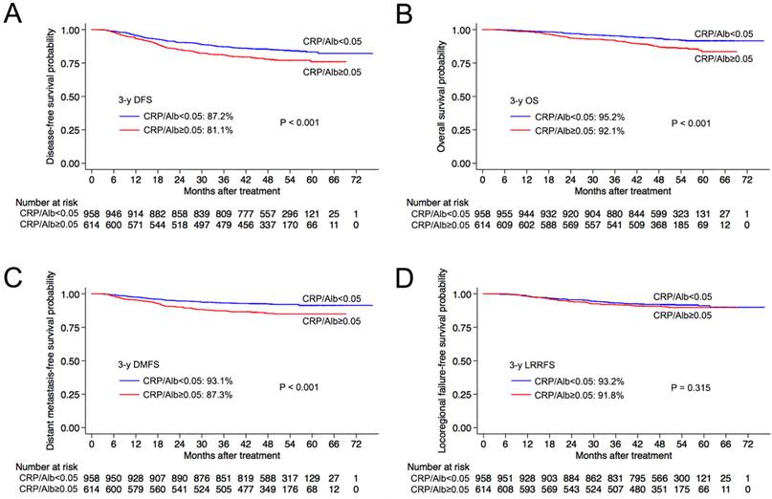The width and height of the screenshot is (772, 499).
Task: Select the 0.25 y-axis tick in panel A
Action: click(71, 138)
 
